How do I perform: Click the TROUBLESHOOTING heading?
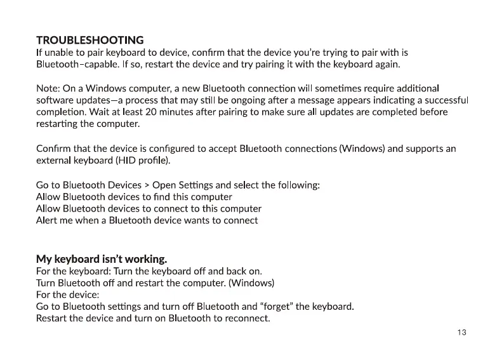click(x=90, y=40)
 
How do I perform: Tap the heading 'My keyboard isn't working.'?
click(x=102, y=258)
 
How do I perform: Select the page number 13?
click(x=461, y=333)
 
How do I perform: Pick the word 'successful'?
click(x=444, y=100)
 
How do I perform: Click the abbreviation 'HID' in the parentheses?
click(x=127, y=161)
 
